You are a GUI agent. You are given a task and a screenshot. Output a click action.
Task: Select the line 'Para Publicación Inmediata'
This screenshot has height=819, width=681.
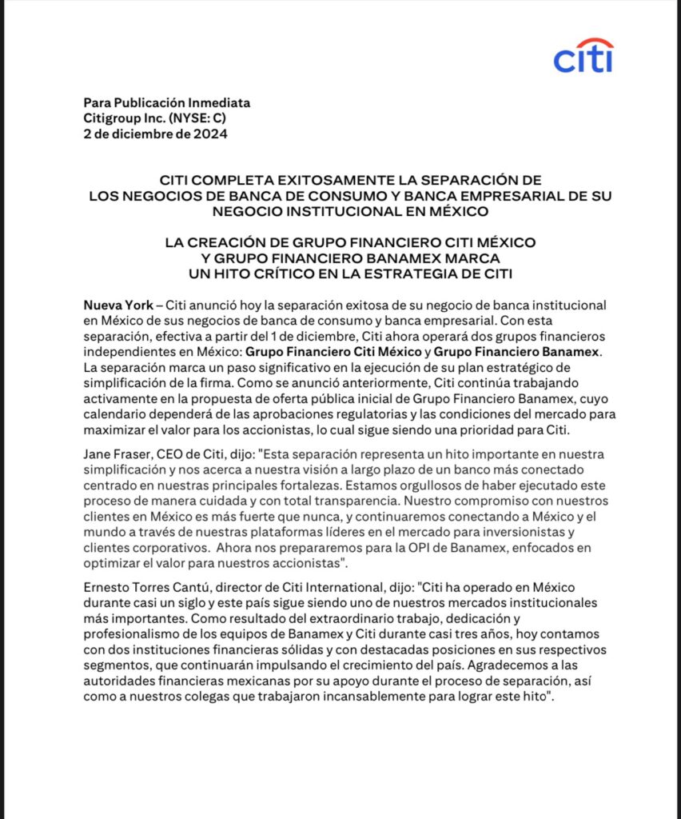tap(167, 102)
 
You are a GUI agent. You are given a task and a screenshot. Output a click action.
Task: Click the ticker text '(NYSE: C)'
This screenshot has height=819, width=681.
tap(201, 118)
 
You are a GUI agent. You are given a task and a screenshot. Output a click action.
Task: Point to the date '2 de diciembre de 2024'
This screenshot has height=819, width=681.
tap(156, 134)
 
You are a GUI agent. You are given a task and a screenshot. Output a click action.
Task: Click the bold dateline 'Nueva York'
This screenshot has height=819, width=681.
tap(118, 306)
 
